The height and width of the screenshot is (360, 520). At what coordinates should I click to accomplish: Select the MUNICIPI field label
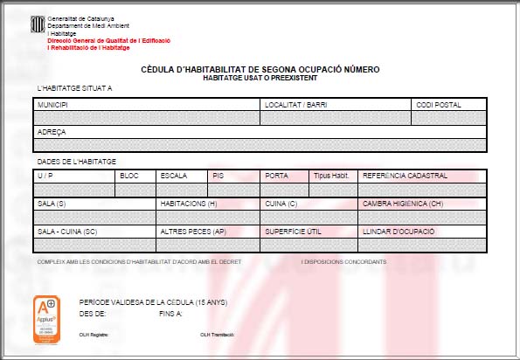52,105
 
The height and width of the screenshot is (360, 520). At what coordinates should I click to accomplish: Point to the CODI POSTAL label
439,105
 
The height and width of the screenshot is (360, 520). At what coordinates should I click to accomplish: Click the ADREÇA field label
52,132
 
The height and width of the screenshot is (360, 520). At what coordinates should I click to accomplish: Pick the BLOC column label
128,176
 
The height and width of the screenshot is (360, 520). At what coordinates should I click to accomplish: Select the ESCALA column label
173,176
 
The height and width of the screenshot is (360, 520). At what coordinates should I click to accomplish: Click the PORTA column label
276,176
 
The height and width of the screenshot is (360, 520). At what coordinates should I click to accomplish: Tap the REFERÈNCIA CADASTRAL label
405,176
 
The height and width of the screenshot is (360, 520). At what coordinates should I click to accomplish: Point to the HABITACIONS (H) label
189,203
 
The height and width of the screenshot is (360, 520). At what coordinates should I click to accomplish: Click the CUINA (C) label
282,203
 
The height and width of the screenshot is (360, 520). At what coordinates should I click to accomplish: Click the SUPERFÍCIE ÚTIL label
293,232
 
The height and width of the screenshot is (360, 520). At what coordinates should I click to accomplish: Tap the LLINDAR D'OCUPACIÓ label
397,232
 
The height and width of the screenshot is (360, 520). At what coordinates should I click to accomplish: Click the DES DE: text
93,312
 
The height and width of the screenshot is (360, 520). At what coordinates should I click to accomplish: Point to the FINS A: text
171,312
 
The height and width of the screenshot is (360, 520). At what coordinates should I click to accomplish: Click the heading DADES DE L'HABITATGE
77,162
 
